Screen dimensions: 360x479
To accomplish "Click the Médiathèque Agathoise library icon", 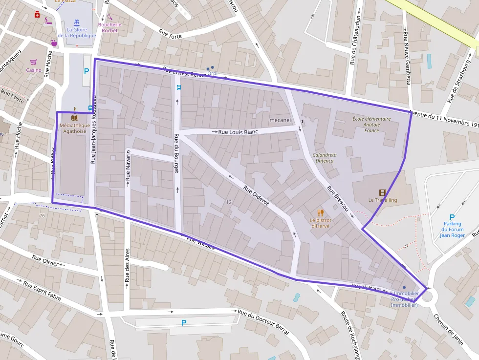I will click(74, 118).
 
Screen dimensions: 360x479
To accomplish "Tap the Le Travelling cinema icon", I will click(382, 193).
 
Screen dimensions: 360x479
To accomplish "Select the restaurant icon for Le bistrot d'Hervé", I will click(321, 212).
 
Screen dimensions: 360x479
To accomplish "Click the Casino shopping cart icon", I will click(34, 62).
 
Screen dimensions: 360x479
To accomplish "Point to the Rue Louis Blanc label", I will click(238, 132).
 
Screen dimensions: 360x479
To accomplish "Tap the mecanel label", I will click(280, 120).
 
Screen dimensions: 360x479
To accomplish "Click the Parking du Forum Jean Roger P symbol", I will click(452, 217).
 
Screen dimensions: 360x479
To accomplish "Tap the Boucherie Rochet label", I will click(109, 27).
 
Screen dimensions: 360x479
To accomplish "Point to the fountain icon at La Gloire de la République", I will click(77, 22).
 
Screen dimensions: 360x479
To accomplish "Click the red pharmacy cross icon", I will click(37, 15).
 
